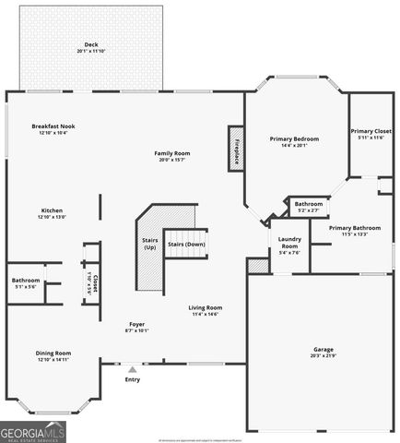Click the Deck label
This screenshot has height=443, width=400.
click(91, 47)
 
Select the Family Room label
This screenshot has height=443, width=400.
click(171, 155)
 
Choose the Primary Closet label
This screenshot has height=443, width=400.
click(371, 134)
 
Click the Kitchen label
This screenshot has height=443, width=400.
click(52, 213)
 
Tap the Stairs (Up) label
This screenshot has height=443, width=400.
click(149, 245)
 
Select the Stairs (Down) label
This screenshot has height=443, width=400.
click(185, 244)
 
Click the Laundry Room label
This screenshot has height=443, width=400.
click(288, 245)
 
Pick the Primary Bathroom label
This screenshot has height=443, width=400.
click(354, 230)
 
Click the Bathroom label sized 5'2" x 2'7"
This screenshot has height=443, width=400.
click(308, 207)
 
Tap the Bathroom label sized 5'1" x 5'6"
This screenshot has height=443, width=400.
click(26, 282)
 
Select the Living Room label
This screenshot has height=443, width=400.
click(206, 310)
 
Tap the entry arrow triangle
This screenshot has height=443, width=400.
click(132, 369)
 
